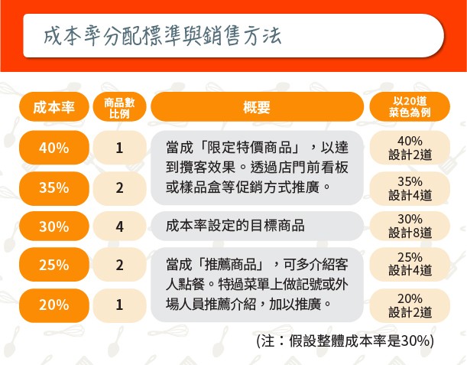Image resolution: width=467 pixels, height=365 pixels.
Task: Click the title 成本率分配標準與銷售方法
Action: (162, 36)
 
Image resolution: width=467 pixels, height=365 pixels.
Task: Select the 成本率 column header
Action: (54, 107)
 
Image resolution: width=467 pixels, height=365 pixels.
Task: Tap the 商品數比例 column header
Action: (119, 107)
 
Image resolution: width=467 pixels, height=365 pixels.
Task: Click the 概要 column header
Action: (257, 107)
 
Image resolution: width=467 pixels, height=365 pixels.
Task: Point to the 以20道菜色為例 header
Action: (410, 107)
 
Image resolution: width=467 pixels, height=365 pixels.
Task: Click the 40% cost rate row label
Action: (54, 148)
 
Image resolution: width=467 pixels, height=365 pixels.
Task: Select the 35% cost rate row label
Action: (54, 188)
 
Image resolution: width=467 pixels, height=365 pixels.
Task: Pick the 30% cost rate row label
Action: (54, 226)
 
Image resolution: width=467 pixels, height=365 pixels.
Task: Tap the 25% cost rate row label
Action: (54, 265)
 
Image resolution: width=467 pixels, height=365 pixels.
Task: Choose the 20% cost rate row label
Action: (54, 305)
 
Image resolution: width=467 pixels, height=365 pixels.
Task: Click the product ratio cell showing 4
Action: (119, 226)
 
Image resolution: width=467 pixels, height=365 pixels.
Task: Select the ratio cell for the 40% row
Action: (119, 148)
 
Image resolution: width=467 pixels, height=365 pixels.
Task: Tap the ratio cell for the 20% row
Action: (119, 305)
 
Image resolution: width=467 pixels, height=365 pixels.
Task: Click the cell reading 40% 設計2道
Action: (410, 148)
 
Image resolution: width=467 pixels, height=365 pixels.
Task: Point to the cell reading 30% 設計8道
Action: (410, 226)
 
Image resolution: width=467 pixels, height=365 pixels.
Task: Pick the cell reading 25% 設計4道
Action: (410, 265)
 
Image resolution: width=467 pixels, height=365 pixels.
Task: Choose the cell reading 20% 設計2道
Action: (410, 305)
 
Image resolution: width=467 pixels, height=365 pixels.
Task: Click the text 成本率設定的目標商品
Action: (235, 226)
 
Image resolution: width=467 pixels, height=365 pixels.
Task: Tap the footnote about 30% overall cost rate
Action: (345, 341)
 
